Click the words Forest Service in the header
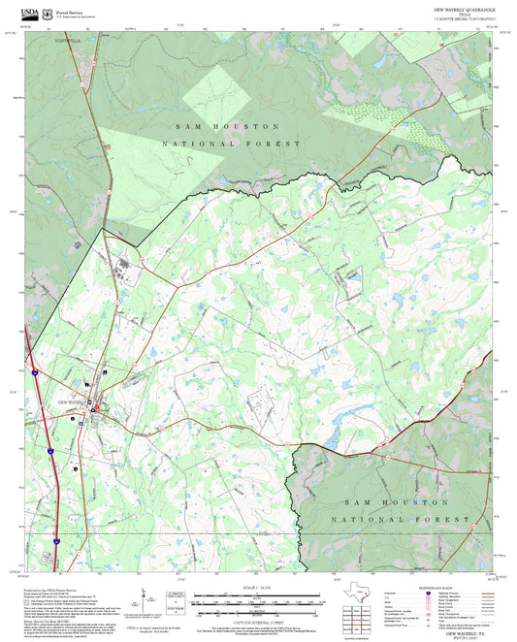tap(68, 8)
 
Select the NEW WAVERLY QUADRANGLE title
tap(464, 8)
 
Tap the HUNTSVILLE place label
tap(69, 42)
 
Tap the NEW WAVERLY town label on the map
tap(72, 401)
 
